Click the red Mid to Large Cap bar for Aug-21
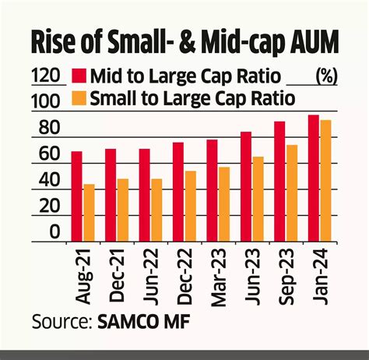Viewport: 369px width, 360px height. point(76,196)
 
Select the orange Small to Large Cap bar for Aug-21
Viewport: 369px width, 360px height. point(89,212)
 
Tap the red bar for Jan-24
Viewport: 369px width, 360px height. point(313,178)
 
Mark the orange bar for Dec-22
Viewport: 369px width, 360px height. point(190,205)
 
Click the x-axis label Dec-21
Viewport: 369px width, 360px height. point(117,277)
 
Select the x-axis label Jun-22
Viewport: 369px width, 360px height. point(150,277)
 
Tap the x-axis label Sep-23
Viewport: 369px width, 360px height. point(286,277)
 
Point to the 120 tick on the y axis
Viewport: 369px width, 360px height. point(45,76)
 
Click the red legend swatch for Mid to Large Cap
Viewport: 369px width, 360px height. point(79,76)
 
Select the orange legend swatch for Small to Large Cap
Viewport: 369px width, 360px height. point(79,98)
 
